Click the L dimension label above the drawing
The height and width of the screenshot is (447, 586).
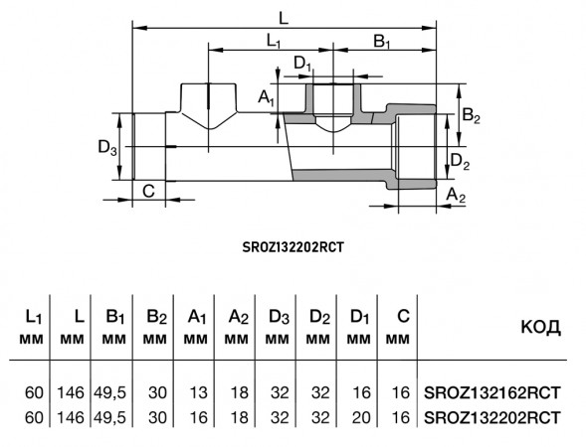coord(284,18)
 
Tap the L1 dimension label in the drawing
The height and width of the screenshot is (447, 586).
coord(274,41)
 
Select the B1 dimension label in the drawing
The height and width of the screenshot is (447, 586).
coord(382,42)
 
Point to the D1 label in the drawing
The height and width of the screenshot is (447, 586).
coord(302,64)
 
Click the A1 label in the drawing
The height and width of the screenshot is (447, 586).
coord(267,98)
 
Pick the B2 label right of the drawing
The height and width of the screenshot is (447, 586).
coord(471,115)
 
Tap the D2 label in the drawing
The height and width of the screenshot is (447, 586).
coord(460,162)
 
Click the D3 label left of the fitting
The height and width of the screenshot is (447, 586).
coord(107,147)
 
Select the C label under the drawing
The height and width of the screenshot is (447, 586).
coord(149,192)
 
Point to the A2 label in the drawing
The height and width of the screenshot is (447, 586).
coord(457,195)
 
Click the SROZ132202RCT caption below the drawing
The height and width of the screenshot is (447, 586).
coord(293,247)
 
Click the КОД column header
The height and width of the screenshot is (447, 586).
coord(541,327)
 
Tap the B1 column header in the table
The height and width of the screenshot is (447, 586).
coord(115,318)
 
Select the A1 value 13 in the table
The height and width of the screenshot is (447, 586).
coord(198,392)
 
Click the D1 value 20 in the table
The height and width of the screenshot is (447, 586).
coord(360,417)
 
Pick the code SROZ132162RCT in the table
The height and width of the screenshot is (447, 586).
coord(492,392)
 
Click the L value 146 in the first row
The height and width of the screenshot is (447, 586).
coord(71,392)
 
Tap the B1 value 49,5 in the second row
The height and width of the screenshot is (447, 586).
coord(109,417)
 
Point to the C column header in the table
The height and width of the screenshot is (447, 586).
coord(404,317)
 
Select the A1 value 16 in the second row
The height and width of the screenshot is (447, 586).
coord(198,417)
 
